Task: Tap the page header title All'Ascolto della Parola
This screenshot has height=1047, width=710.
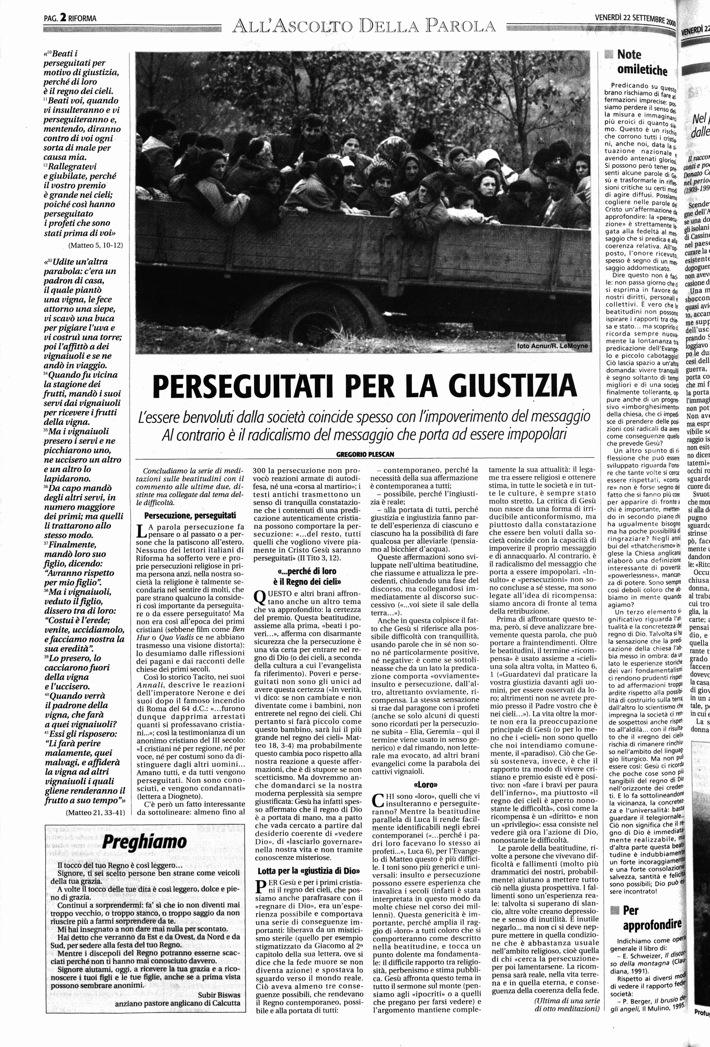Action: point(363,27)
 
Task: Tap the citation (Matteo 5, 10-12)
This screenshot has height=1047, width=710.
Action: point(96,245)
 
